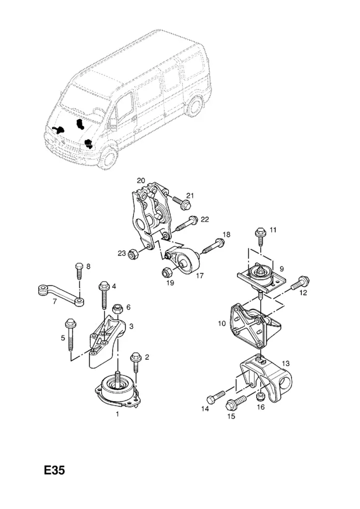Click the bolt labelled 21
pyautogui.click(x=181, y=204)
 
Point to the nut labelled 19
pyautogui.click(x=167, y=272)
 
